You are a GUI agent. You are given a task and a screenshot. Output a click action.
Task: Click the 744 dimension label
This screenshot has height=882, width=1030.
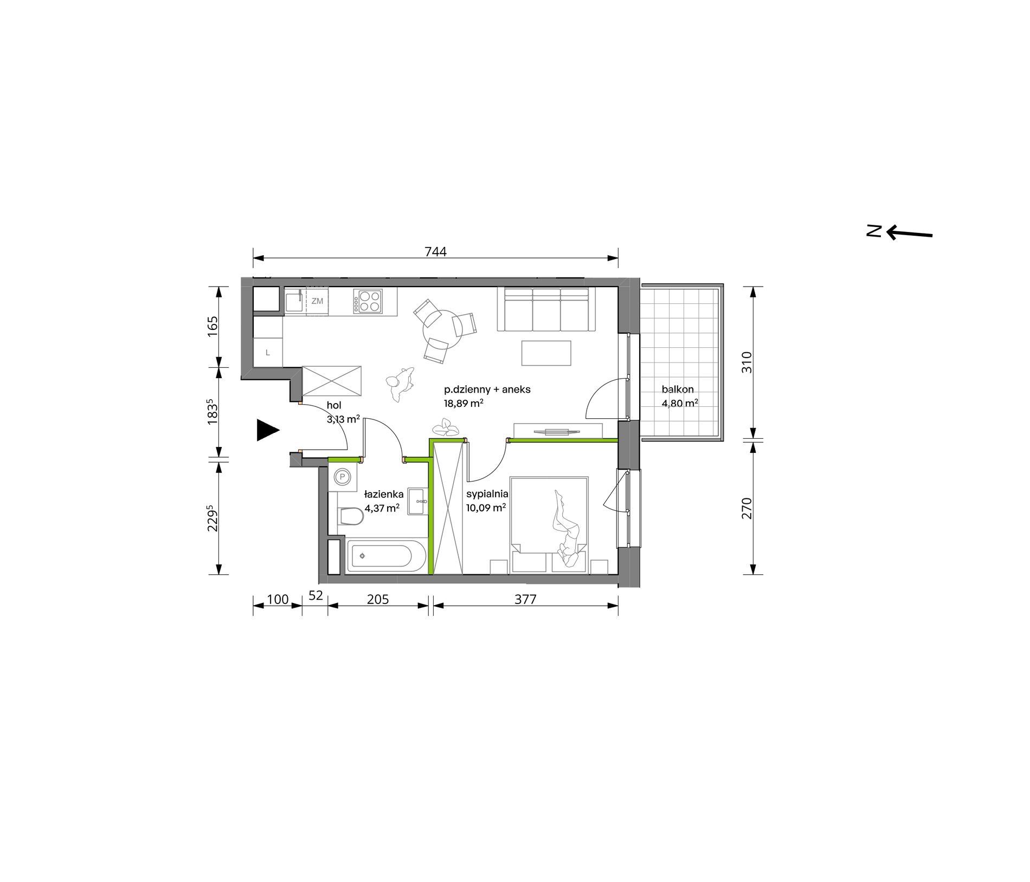pos(435,252)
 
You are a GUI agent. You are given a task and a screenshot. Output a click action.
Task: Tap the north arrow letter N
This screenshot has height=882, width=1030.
pos(873,231)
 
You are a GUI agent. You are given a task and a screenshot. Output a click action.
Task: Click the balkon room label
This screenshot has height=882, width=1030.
pos(678,389)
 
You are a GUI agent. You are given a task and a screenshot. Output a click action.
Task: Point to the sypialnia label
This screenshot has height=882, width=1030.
pos(487,494)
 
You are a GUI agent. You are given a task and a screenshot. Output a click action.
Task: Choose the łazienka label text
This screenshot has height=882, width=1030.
pos(384,494)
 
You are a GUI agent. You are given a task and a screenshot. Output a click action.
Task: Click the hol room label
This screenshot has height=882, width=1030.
pos(334,405)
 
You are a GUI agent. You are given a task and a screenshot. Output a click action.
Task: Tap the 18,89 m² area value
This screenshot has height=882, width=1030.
pos(463,403)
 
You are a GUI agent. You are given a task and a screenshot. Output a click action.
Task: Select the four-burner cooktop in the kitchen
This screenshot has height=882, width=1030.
pos(368,301)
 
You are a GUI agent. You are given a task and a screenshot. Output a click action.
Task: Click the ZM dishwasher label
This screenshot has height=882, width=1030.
pos(317,301)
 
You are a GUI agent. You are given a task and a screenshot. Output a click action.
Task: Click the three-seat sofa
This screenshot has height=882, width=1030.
pos(546,309)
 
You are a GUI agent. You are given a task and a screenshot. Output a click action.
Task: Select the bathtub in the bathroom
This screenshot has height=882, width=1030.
pos(386,556)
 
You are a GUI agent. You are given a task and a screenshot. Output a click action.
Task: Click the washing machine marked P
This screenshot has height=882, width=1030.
pos(343,477)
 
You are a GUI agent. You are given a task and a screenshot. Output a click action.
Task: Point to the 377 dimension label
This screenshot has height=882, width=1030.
pos(525,599)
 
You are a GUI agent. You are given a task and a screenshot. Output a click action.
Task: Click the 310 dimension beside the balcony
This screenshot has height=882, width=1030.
pos(747,362)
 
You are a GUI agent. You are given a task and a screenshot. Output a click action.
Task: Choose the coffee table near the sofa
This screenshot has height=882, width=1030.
pos(546,353)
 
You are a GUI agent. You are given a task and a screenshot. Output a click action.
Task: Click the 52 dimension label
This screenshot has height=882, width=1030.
pos(316,595)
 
